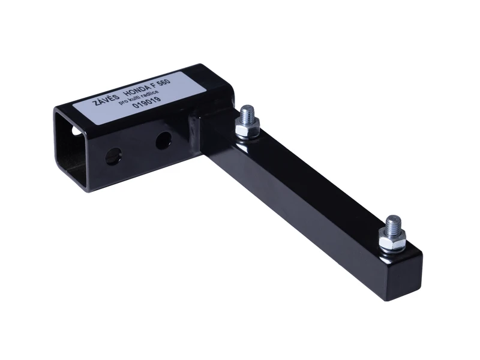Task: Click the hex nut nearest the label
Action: [247, 127]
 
